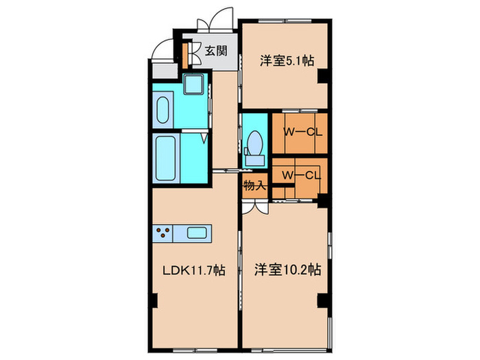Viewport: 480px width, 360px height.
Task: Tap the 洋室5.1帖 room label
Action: coord(287,60)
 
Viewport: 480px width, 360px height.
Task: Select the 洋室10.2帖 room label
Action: coord(287,269)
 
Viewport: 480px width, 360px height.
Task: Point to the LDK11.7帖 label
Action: coord(193,270)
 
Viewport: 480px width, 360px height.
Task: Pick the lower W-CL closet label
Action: coord(299,175)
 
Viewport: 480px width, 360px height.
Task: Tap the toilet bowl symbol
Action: coord(255,143)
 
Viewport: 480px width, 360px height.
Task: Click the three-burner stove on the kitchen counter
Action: coord(163,232)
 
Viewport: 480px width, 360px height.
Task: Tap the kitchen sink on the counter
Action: coord(197,232)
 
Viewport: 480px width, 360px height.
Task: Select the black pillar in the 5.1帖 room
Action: coord(322,79)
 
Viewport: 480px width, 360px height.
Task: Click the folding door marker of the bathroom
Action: coord(204,138)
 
